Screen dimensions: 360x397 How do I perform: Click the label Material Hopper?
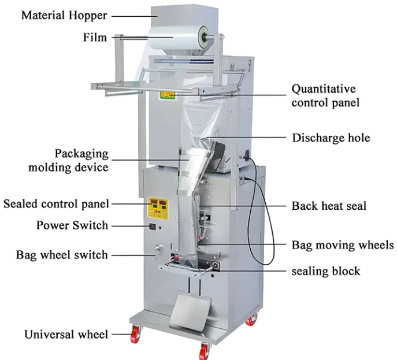point(64,15)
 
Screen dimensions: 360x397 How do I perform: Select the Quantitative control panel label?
point(323,96)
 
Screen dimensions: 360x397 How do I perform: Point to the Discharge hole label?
point(331,138)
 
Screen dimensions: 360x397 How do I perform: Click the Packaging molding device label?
point(81,161)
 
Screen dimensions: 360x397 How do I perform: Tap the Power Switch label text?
point(72,225)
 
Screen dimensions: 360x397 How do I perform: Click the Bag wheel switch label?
point(62,254)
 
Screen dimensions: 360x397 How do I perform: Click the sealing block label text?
point(325,271)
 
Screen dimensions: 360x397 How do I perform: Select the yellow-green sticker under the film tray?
point(168,94)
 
